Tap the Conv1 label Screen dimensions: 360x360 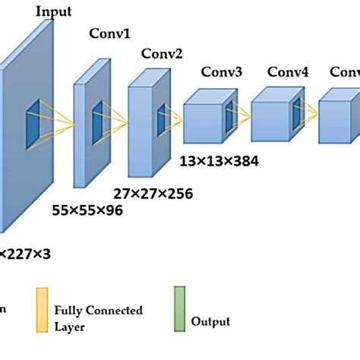click(111, 35)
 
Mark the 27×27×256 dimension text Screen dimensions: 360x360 click(153, 194)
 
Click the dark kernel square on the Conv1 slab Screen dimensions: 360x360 click(98, 122)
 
